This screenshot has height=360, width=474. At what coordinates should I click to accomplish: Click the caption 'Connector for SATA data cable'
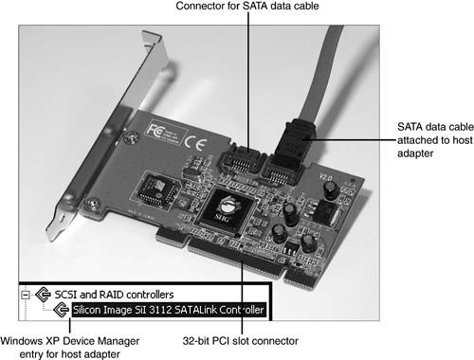pos(247,6)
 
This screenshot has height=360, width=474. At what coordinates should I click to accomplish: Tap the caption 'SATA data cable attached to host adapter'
pos(435,140)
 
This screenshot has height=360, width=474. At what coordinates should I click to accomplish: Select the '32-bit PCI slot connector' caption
pos(241,341)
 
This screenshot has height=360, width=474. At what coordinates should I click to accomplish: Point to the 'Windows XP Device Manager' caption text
pos(70,341)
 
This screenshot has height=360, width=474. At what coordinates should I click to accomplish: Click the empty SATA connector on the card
pos(241,161)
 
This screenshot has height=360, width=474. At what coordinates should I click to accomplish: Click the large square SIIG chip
pos(225,211)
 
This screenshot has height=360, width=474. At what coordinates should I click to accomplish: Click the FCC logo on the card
pos(155,131)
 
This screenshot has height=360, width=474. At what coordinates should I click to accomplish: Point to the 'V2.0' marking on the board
pos(325,177)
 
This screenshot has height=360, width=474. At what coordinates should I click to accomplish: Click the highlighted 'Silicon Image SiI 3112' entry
pos(168,310)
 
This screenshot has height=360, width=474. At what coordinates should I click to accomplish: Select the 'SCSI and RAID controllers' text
pos(114,295)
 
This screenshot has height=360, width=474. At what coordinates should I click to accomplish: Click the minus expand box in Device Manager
pos(26,295)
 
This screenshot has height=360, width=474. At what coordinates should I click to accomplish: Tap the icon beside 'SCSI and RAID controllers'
pos(43,295)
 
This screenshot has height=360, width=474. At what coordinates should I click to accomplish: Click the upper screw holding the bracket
pos(131,137)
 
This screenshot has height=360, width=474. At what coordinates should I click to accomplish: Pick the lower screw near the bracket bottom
pos(93,204)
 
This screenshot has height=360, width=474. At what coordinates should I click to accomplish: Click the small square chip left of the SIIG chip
pos(158,189)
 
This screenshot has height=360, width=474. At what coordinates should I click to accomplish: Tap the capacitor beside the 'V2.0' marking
pos(331,189)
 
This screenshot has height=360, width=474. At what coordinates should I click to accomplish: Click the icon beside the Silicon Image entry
pos(61,310)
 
